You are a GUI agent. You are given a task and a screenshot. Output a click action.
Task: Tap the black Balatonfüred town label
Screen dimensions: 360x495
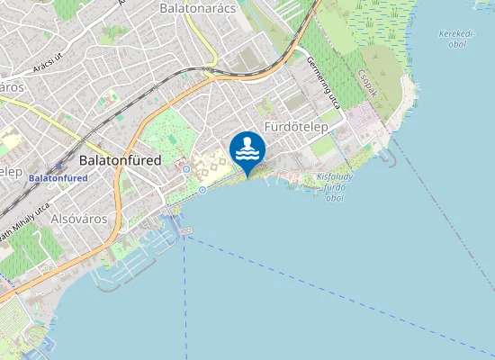120,160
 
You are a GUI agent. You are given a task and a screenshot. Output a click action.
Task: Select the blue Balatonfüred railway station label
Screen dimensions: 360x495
58,178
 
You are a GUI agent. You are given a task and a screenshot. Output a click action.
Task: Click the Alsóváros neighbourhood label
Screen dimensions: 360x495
79,219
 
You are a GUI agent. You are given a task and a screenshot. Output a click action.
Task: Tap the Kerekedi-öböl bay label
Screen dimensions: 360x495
454,39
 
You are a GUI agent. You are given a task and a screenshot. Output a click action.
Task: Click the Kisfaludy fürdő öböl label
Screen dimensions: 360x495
333,184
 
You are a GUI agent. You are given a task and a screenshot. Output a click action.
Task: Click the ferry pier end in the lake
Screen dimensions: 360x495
186,231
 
